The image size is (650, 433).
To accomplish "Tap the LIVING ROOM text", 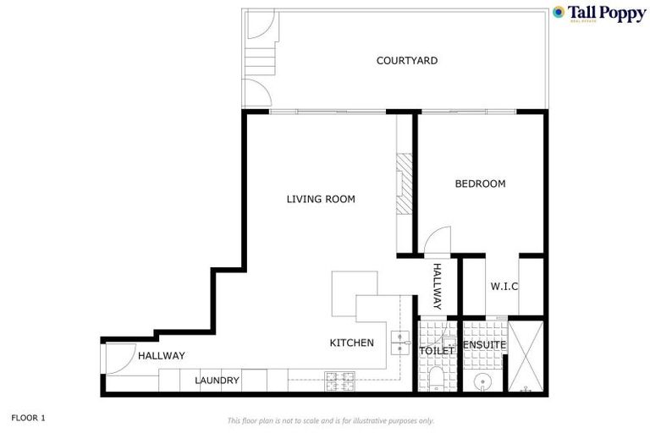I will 320,200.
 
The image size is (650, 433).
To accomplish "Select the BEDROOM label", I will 480,184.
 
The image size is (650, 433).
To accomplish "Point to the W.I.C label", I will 504,287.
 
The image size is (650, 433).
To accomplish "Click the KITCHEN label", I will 351,343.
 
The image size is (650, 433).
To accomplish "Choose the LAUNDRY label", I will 218,381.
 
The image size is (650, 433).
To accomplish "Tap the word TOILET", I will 438,350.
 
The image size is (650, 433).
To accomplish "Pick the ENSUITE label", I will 484,345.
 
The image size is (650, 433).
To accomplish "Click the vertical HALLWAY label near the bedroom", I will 438,285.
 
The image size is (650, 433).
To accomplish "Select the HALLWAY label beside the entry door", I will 161,356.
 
